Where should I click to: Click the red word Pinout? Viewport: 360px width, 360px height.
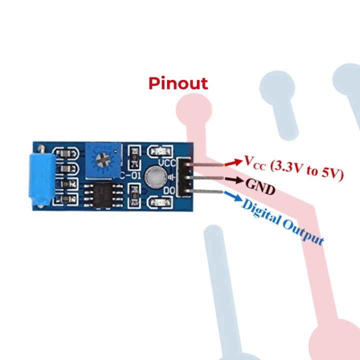tap(178, 83)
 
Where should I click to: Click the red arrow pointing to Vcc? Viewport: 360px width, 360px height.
tap(231, 162)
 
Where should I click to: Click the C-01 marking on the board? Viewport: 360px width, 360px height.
tap(129, 175)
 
